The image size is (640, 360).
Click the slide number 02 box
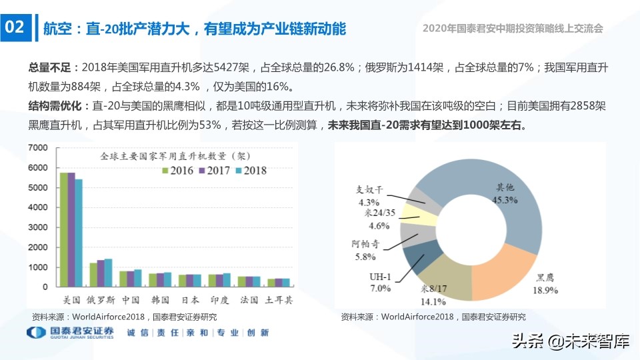15,27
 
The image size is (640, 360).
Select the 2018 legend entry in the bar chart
249,171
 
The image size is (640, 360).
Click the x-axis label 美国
71,301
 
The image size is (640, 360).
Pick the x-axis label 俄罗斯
101,301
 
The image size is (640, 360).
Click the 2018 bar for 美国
79,233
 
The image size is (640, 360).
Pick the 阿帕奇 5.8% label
365,250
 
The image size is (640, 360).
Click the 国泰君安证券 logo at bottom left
70,333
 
